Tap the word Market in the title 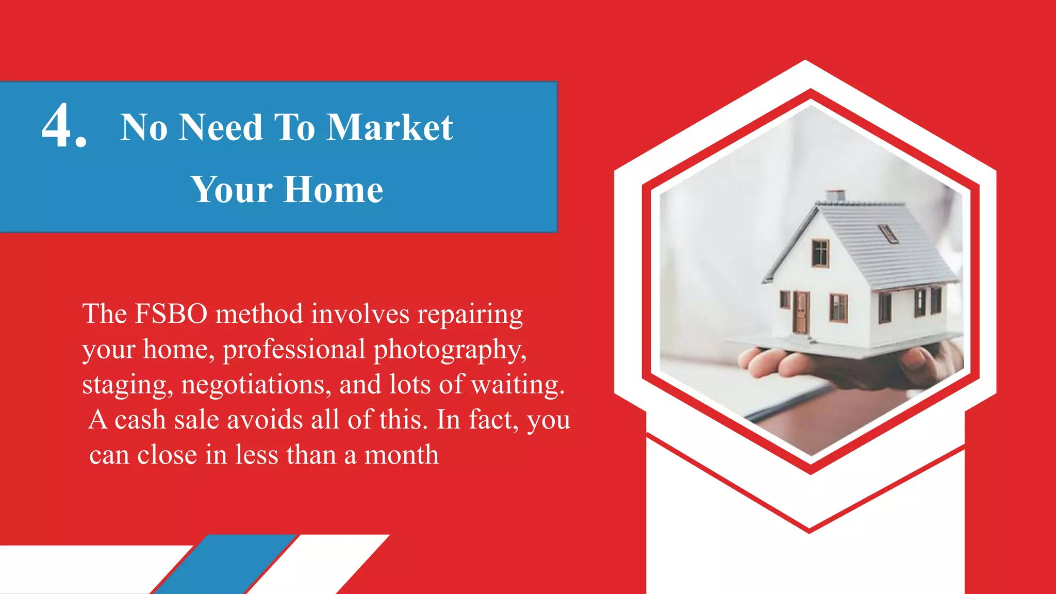(x=390, y=127)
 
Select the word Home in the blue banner (x=333, y=190)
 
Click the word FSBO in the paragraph (x=171, y=313)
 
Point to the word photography (x=450, y=350)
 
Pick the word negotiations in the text (x=256, y=385)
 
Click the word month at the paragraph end (x=401, y=455)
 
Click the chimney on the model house (x=835, y=196)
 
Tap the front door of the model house (x=801, y=312)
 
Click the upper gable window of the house (x=820, y=253)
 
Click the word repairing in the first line (x=470, y=315)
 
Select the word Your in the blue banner (x=231, y=190)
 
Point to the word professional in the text (x=294, y=350)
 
